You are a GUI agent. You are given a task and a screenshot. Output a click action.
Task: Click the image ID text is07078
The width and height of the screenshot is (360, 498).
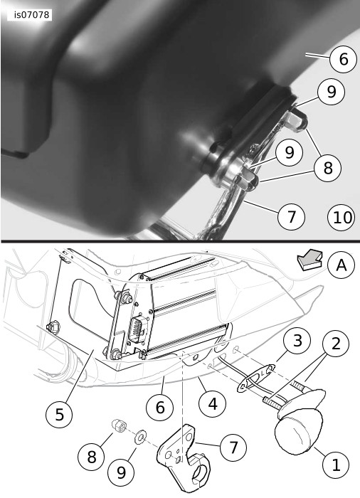(x=32, y=15)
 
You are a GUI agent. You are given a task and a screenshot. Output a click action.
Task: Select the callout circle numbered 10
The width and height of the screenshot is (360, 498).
(x=341, y=218)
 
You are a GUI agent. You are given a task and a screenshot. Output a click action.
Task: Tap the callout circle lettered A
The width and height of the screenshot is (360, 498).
(x=342, y=265)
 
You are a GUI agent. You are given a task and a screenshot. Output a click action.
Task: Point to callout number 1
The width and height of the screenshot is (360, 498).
(x=336, y=465)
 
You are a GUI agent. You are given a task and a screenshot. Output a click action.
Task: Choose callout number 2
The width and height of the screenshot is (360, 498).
(x=336, y=344)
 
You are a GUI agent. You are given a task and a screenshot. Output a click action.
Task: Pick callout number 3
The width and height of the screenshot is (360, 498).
(x=297, y=341)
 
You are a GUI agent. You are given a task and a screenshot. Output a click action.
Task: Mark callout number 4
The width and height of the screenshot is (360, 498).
(x=212, y=404)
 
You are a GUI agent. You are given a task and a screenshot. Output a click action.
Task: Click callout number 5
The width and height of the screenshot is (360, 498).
(x=60, y=415)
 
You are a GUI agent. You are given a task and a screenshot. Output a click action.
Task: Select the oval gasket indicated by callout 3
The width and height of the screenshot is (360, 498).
(x=256, y=378)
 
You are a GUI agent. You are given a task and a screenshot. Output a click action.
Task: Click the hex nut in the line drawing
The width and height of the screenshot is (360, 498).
(x=119, y=425)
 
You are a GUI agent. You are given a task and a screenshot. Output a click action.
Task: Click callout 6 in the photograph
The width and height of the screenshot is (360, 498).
(x=343, y=59)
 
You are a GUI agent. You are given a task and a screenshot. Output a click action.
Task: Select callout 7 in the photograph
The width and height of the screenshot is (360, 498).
(x=291, y=216)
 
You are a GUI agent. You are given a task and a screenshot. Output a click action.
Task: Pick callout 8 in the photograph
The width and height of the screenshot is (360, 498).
(x=327, y=168)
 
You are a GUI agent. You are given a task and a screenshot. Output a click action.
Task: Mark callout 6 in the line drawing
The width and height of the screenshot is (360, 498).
(x=160, y=407)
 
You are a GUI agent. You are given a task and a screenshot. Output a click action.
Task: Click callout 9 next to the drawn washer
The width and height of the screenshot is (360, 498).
(x=121, y=472)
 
